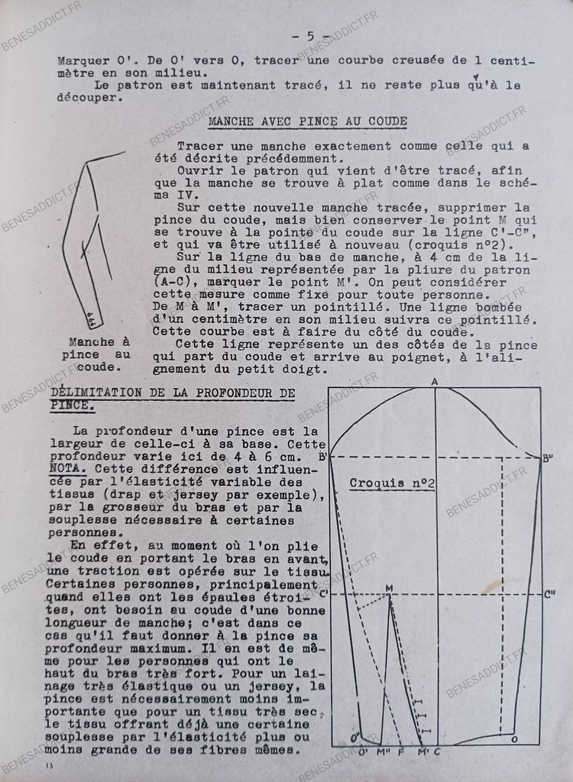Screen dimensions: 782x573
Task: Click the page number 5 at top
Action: point(309,36)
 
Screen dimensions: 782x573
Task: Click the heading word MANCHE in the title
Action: point(231,121)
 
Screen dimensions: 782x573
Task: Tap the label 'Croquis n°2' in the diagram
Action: point(392,483)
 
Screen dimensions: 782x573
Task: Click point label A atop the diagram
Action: point(434,381)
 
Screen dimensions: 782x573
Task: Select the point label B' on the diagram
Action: point(322,457)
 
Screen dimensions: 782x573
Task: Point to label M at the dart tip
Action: point(389,587)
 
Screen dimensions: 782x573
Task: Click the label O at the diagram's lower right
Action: point(513,739)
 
